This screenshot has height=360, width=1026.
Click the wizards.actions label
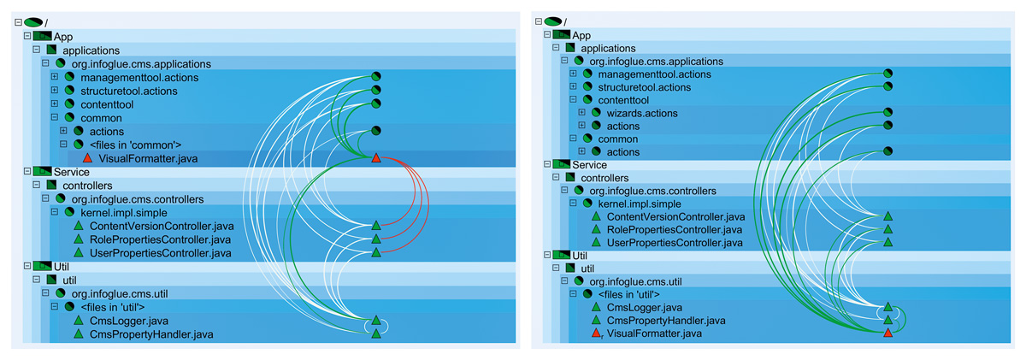[x=641, y=113]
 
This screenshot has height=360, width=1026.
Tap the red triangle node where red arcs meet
[x=375, y=158]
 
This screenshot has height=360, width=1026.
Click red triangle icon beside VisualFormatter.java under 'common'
[x=87, y=158]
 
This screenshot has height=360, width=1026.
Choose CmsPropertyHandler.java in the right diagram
[x=666, y=320]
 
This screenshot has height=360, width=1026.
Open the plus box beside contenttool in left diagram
[x=54, y=104]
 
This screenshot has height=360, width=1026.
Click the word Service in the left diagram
[x=72, y=172]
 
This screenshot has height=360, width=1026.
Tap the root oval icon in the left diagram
[x=33, y=22]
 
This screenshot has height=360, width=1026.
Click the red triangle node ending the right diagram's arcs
[x=887, y=332]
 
